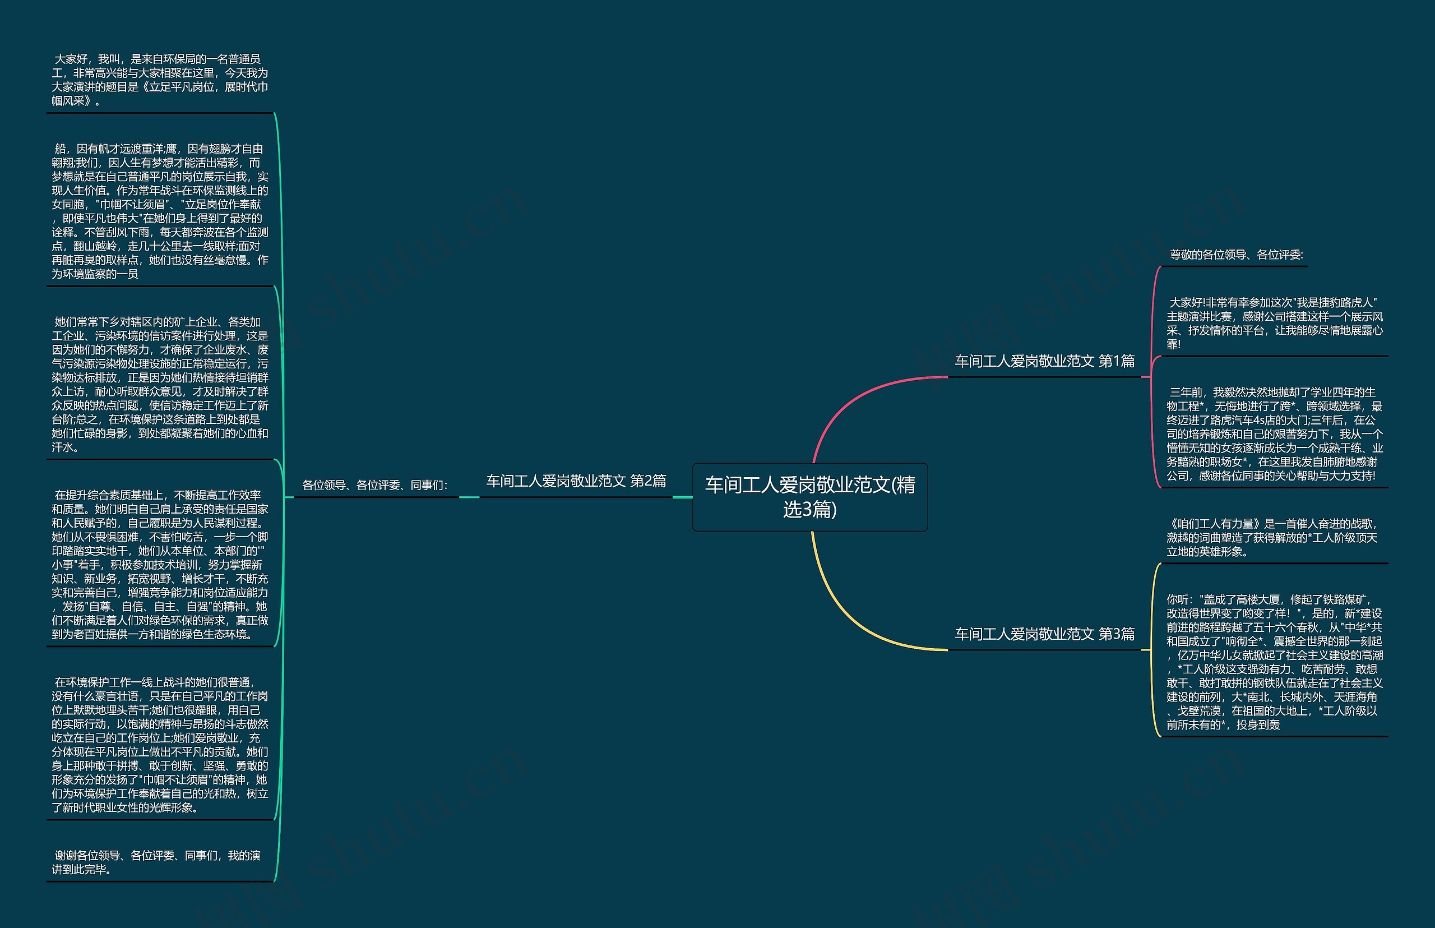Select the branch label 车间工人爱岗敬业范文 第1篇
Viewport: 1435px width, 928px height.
tap(1044, 361)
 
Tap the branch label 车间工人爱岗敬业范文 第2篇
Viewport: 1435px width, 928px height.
tap(576, 481)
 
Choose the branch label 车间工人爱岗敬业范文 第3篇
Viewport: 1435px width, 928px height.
tap(1044, 634)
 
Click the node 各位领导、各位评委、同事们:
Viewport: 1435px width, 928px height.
tap(374, 485)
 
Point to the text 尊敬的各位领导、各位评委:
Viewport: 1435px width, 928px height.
tap(1235, 255)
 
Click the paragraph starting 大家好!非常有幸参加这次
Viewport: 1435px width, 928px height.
tap(1274, 324)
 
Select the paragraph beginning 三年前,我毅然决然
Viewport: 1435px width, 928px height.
tap(1274, 434)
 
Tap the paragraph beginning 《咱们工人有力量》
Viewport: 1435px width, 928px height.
tap(1272, 538)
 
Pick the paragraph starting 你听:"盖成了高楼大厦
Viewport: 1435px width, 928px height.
tap(1274, 662)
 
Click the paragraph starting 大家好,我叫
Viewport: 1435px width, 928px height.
tap(160, 80)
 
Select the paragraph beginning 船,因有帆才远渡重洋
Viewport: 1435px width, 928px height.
tap(160, 211)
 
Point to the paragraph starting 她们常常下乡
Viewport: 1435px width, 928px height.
tap(160, 385)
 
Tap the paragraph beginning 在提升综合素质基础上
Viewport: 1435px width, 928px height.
tap(160, 565)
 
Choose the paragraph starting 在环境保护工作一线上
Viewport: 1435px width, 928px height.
tap(160, 744)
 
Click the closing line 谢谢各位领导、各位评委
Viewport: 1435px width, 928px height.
tap(156, 862)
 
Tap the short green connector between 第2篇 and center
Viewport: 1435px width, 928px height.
tap(682, 497)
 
